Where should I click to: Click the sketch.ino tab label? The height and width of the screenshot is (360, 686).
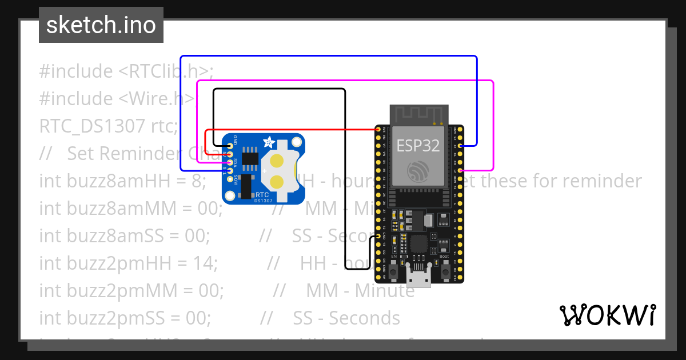[101, 25]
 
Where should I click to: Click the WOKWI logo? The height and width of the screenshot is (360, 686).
[607, 315]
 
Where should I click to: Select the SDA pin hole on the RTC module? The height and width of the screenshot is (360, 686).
[230, 162]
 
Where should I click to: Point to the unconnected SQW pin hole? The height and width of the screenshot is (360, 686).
[230, 178]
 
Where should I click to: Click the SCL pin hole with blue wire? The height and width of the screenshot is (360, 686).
[230, 170]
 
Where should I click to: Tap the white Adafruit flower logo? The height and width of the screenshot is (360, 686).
[268, 143]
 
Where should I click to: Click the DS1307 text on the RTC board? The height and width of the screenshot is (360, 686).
[264, 200]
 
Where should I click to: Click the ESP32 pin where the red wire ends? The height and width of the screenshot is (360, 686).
[378, 130]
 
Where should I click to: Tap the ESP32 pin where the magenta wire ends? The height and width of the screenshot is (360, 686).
[460, 170]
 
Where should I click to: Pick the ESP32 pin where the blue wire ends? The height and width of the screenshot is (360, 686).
[460, 146]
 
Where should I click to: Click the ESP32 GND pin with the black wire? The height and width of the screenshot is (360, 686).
[378, 236]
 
